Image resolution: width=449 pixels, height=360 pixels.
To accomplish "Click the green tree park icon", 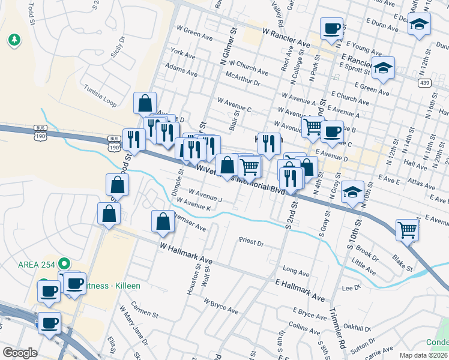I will click(13, 41).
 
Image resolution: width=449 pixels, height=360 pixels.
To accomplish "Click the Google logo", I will click(19, 353).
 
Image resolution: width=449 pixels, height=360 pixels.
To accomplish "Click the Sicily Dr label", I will click(117, 46).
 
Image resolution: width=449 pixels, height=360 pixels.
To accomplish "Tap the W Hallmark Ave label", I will click(186, 253).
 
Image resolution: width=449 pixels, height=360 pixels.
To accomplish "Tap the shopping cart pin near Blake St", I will click(408, 230).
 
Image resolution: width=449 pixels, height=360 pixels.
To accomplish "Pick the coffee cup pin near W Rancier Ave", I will click(331, 29).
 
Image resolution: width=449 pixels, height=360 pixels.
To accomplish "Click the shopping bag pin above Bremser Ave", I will click(163, 221).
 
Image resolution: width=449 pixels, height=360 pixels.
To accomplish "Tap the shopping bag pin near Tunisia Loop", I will click(145, 103).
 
